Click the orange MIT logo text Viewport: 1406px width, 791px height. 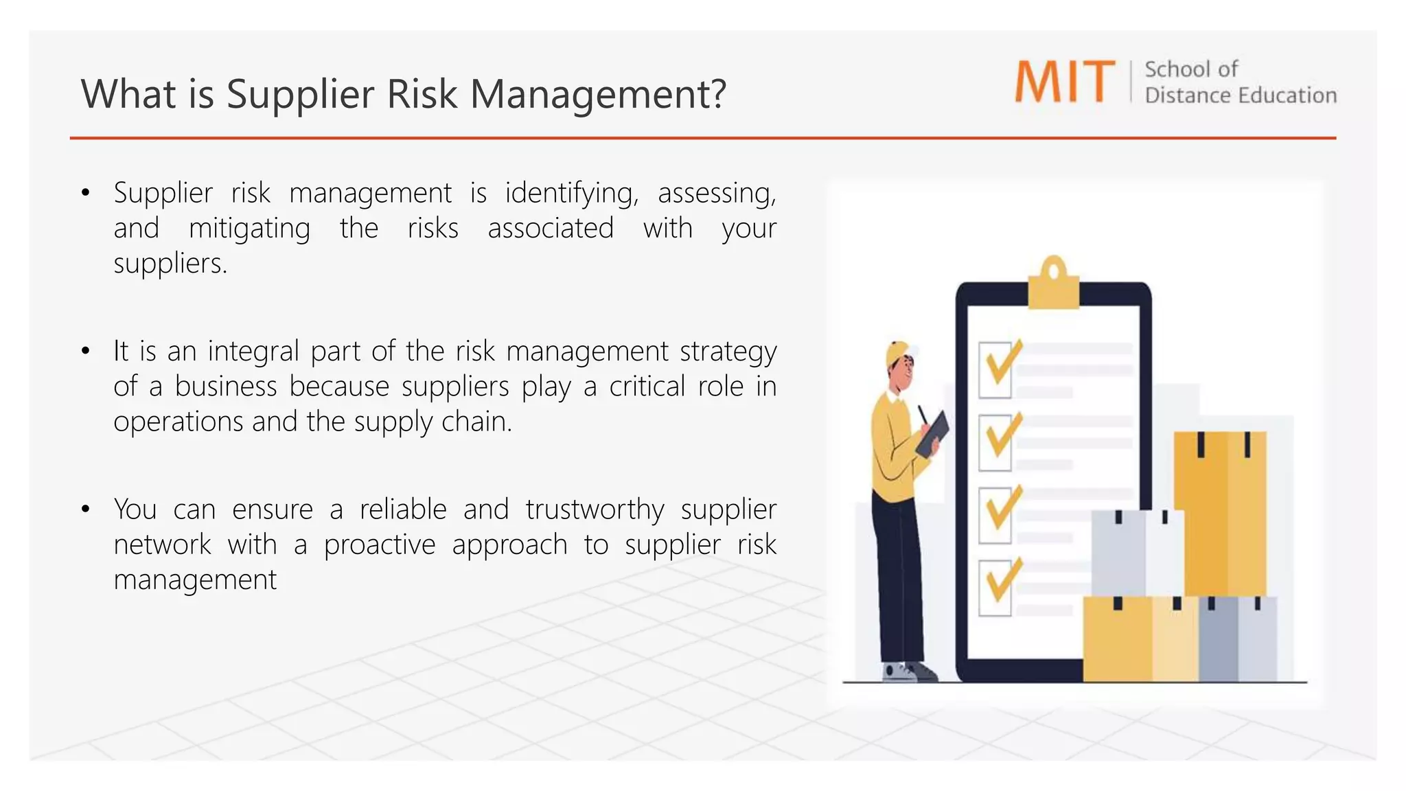1064,82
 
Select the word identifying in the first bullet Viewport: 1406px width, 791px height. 571,194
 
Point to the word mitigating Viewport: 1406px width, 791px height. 249,229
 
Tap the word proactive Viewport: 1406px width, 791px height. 380,545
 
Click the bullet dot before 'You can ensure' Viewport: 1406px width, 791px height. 85,509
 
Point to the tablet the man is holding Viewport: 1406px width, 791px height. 932,434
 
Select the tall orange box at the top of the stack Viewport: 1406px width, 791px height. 1220,512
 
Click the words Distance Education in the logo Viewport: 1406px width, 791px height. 1240,95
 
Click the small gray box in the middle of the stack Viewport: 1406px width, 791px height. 1136,553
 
